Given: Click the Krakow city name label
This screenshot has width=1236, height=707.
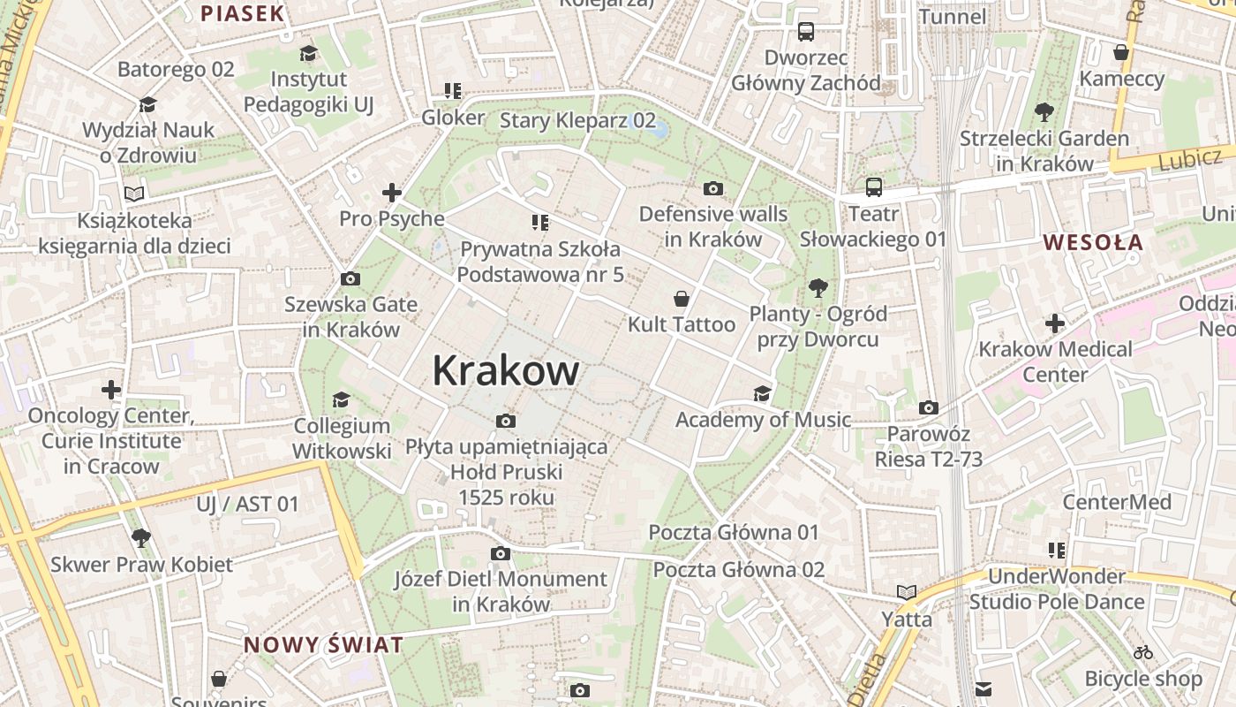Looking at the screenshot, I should (x=506, y=370).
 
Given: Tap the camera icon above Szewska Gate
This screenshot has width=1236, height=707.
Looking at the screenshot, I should (x=350, y=279).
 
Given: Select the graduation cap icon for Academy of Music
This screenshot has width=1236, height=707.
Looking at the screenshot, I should (x=762, y=393).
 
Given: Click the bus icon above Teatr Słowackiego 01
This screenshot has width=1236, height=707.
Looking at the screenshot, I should (x=873, y=187).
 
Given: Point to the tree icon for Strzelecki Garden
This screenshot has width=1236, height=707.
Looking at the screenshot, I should (x=1044, y=112).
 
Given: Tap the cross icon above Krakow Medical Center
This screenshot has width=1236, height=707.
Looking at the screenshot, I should (x=1054, y=323).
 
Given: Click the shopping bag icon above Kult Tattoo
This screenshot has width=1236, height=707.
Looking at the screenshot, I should (x=681, y=299).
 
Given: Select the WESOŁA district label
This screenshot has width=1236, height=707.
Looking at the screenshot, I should (x=1093, y=242).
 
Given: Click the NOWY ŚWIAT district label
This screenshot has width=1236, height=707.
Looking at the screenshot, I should (x=323, y=644).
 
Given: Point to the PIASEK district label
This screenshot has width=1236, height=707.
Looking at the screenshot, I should (x=243, y=13).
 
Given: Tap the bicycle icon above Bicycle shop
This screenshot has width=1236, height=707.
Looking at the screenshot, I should (x=1143, y=653).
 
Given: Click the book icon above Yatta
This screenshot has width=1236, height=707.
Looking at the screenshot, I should (x=907, y=593).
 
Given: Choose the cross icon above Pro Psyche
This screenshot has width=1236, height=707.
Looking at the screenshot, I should (x=392, y=193).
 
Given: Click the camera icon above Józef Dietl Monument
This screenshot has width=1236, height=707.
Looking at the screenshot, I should (x=501, y=554).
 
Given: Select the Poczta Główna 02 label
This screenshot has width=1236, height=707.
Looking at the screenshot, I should (x=738, y=569).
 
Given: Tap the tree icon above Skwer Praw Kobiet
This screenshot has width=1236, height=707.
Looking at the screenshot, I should (x=141, y=538).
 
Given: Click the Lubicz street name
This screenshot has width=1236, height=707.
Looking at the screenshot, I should (x=1189, y=160).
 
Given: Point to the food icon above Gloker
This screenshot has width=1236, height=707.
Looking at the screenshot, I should (x=453, y=91).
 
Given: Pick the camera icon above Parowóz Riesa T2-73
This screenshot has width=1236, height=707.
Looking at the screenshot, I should (x=928, y=407).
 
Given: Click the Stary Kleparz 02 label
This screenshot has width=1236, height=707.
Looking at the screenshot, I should (x=578, y=120).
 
